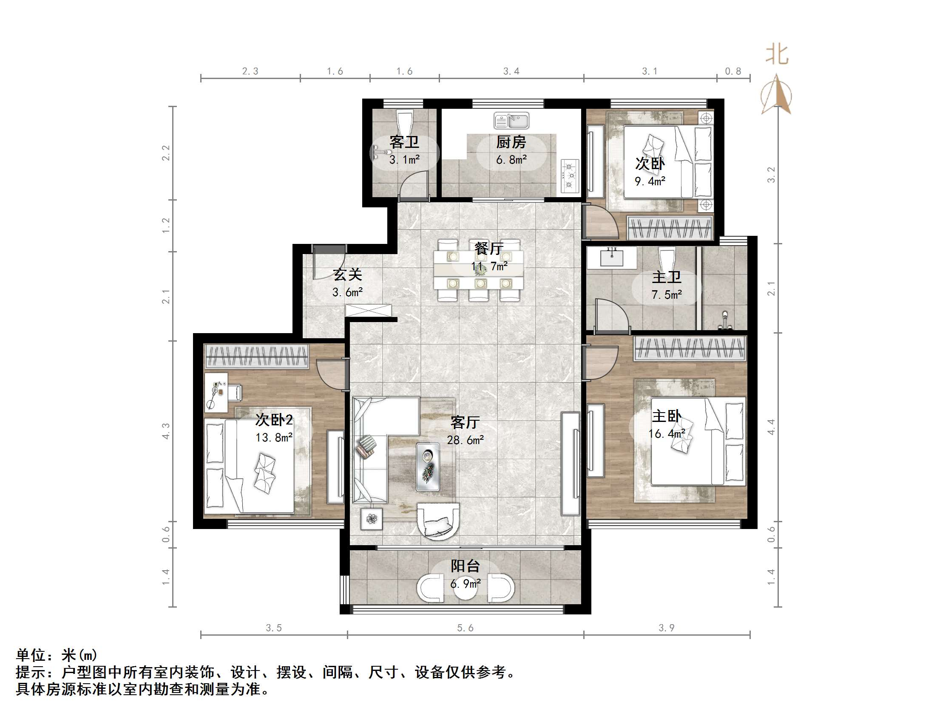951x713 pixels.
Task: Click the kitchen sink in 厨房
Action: click(x=511, y=121)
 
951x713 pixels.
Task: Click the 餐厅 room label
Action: click(x=489, y=249)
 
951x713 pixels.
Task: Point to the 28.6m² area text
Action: click(x=465, y=440)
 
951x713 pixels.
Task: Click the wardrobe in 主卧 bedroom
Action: click(x=690, y=348)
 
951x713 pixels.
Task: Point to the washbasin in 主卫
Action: click(x=612, y=257)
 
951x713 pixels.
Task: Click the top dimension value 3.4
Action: click(x=511, y=71)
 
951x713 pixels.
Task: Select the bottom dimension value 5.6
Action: click(x=465, y=628)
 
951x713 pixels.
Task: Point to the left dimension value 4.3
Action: click(x=166, y=430)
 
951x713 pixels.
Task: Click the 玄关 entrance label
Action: click(x=347, y=274)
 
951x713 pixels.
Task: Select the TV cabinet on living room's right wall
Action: click(x=571, y=463)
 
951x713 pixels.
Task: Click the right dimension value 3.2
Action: click(x=771, y=175)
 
